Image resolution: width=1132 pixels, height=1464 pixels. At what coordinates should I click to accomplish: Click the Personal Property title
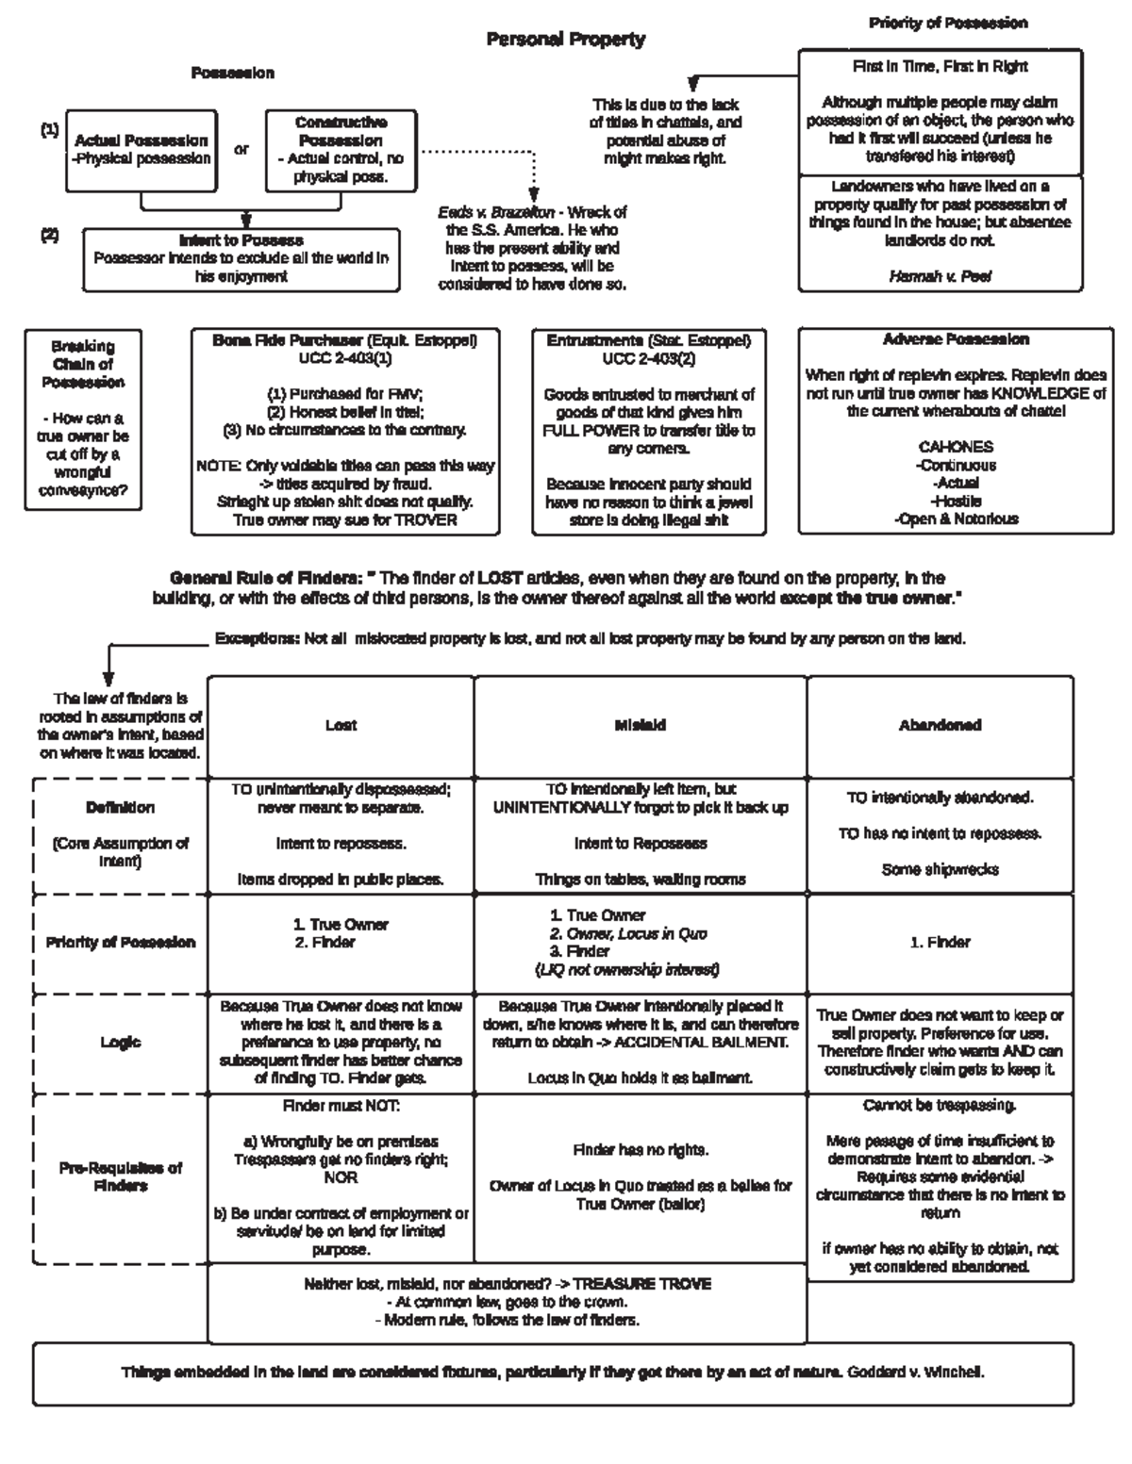pos(566,39)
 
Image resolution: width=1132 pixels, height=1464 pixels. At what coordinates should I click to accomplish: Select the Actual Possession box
pos(141,150)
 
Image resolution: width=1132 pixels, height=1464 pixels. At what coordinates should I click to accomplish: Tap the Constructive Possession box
pos(341,150)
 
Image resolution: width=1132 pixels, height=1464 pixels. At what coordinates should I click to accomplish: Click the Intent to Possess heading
pos(241,240)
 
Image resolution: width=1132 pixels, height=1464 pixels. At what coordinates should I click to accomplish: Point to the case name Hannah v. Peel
pos(940,276)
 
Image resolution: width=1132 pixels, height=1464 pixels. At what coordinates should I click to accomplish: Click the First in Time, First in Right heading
pos(940,67)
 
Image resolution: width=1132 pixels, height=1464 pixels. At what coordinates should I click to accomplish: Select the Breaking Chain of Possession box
pos(83,419)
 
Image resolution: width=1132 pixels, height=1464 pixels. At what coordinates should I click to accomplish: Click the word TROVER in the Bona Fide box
pos(425,519)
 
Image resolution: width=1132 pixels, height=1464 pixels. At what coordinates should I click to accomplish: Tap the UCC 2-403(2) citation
pos(649,358)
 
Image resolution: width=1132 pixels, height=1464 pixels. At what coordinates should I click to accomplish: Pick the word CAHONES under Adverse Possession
pos(956,447)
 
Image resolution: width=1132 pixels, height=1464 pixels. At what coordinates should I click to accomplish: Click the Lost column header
pos(341,725)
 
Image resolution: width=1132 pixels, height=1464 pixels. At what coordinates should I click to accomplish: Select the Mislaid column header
pos(641,725)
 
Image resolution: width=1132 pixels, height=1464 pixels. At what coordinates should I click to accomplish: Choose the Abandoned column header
pos(940,725)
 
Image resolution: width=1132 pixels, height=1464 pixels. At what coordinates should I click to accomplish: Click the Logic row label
pos(121,1042)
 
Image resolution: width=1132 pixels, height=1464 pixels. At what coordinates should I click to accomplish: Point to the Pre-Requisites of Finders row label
pos(121,1176)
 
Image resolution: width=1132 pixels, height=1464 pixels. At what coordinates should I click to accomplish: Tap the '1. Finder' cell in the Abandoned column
pos(940,942)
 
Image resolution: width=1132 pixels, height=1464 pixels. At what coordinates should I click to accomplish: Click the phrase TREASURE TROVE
pos(641,1284)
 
